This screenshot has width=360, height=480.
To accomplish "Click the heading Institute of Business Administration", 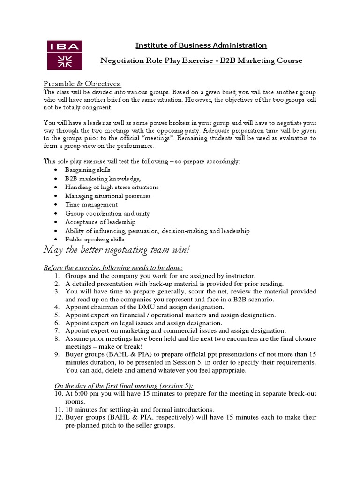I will [201, 45].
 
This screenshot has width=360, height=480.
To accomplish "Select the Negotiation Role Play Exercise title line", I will [202, 61].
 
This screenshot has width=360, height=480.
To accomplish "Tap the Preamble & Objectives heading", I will [82, 83].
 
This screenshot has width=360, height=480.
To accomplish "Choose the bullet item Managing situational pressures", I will [108, 196].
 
